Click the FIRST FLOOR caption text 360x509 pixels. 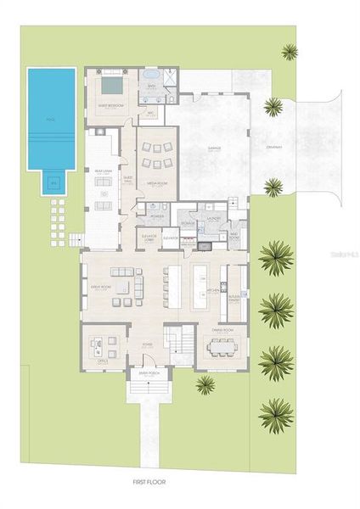149,482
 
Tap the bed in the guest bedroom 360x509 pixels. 111,86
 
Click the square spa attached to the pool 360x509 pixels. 53,182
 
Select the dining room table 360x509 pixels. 223,346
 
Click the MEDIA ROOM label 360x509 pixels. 155,182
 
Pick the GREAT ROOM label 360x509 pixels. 103,288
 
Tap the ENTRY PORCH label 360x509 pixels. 138,372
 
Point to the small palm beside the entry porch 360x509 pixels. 205,384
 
